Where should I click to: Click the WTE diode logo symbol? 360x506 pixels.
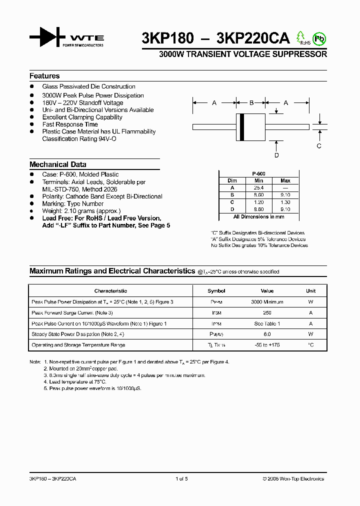(x=47, y=38)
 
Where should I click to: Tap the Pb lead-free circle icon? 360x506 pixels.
(x=318, y=38)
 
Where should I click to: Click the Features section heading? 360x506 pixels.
(x=44, y=76)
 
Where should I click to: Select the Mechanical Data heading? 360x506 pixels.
(x=58, y=164)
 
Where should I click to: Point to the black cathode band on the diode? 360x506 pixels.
(x=242, y=127)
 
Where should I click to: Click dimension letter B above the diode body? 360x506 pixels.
(x=251, y=102)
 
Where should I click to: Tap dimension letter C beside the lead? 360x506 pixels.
(x=319, y=146)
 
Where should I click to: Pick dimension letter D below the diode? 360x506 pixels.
(x=276, y=155)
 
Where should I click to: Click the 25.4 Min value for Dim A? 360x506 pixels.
(x=258, y=187)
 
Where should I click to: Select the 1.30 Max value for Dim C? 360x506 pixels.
(x=285, y=202)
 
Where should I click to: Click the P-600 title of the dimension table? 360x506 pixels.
(x=258, y=173)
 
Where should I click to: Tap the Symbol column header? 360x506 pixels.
(x=216, y=290)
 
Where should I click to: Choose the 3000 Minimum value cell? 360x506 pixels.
(x=267, y=302)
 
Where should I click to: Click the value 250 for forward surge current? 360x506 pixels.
(x=267, y=312)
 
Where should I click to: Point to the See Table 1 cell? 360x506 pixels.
(x=267, y=323)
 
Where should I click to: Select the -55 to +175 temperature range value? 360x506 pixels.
(x=267, y=345)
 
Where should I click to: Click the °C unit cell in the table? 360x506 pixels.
(x=311, y=345)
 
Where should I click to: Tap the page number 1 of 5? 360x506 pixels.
(x=181, y=478)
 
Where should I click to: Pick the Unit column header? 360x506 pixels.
(x=311, y=290)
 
